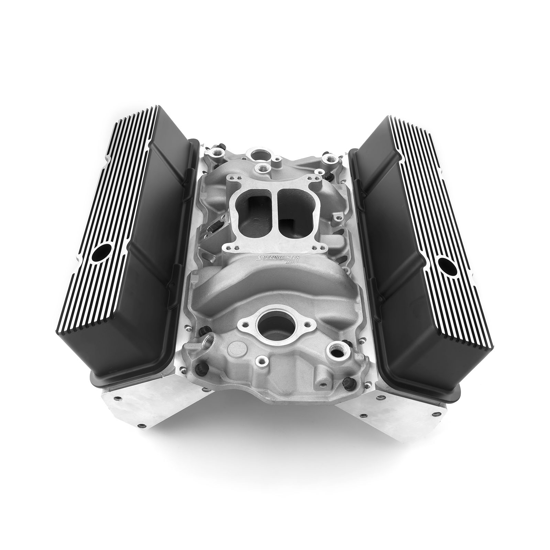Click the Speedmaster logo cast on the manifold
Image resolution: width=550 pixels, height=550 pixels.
click(275, 259)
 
